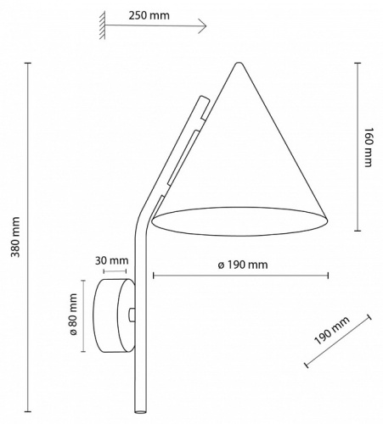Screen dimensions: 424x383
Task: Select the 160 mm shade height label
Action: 368,147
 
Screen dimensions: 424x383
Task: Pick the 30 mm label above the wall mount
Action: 112,260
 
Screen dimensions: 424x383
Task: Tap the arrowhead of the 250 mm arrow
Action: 204,28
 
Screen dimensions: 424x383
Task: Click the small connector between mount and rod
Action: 132,315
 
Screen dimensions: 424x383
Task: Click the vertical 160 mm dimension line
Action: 357,145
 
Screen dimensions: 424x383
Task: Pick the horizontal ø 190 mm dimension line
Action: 241,276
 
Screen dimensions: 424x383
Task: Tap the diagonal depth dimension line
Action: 337,341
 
